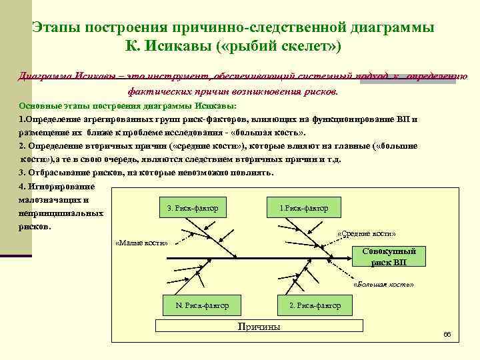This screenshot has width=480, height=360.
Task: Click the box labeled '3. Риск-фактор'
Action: coord(193,208)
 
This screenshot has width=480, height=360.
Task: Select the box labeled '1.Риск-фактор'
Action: coord(304,208)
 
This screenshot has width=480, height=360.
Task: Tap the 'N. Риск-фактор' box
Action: coord(202,305)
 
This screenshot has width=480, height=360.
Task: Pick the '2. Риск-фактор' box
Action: coord(315,305)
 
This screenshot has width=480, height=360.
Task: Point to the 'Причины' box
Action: coord(259,326)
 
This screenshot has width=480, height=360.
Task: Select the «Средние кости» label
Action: coord(367,234)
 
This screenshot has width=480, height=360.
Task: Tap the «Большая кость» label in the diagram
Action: coord(383,284)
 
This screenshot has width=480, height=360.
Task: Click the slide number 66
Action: coord(447,334)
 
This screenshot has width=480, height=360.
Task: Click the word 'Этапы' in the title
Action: coord(56,27)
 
